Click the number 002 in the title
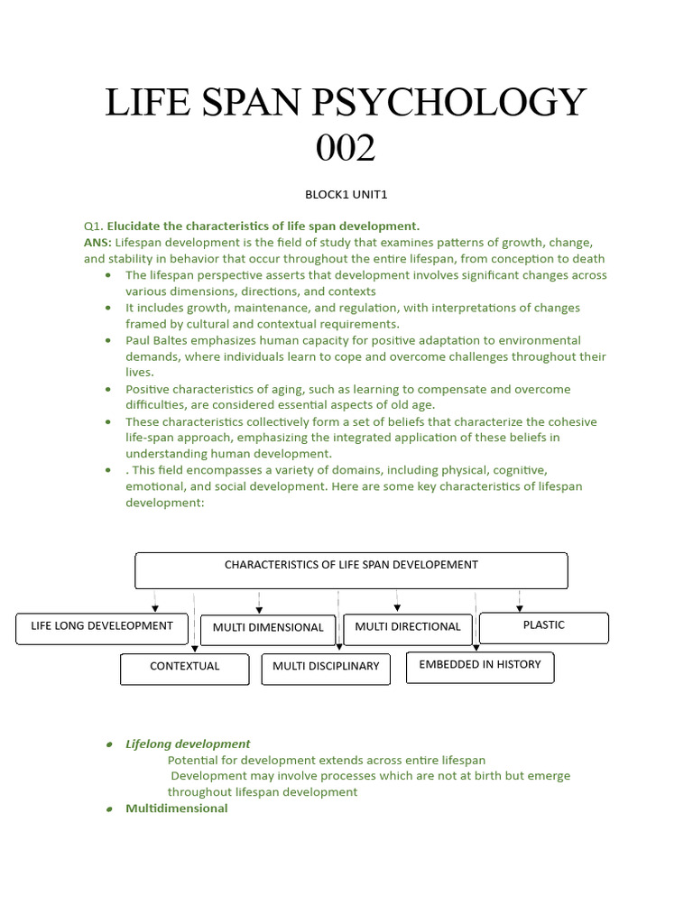tap(346, 147)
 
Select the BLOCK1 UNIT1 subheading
tap(346, 194)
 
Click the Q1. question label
tap(93, 226)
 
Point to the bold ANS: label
tap(97, 243)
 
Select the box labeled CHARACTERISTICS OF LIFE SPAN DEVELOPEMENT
tap(351, 570)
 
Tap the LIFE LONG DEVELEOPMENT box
tap(102, 627)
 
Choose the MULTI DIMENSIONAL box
tap(268, 628)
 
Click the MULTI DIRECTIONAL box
tap(408, 627)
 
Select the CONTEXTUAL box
tap(185, 668)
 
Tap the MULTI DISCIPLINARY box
tap(326, 669)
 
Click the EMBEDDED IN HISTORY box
tap(480, 666)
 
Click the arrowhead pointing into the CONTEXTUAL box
tap(194, 648)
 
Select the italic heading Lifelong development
tap(188, 744)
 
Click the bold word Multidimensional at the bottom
tap(177, 808)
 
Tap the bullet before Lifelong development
tap(108, 744)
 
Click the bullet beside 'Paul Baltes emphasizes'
tap(108, 341)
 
